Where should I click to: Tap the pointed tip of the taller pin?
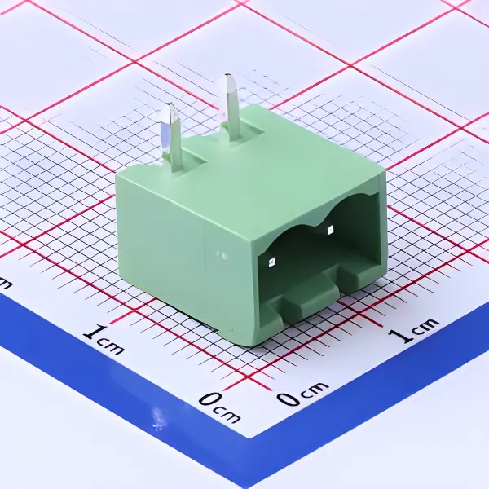point(229,77)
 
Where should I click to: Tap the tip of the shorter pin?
point(170,107)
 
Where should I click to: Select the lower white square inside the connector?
point(271,262)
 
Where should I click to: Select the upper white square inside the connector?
point(330,231)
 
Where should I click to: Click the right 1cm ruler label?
point(413,332)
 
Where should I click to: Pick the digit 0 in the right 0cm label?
point(288,398)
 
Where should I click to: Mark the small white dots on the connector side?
point(220,255)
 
